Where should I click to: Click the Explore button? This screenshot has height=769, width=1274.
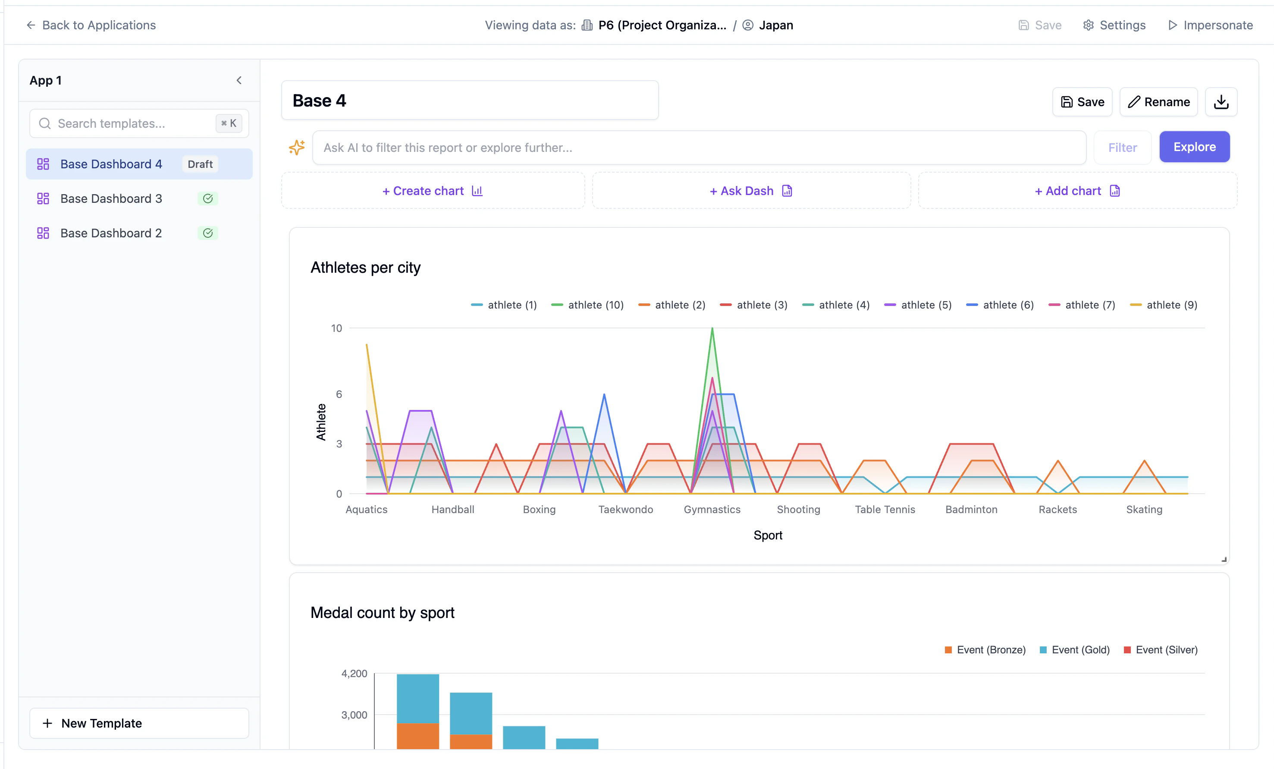[x=1194, y=147]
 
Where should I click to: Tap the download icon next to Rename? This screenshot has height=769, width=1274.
[x=1221, y=102]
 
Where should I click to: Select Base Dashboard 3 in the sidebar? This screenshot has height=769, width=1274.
[x=111, y=199]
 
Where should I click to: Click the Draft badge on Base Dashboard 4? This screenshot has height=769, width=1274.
[x=200, y=164]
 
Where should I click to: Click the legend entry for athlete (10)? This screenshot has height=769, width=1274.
[x=588, y=305]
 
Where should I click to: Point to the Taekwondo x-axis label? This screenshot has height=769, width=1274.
[x=626, y=509]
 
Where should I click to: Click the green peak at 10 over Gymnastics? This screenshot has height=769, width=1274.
[x=712, y=329]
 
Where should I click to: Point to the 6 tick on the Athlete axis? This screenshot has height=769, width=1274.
[x=339, y=394]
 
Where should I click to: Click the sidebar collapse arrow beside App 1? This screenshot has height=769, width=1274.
[x=239, y=80]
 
